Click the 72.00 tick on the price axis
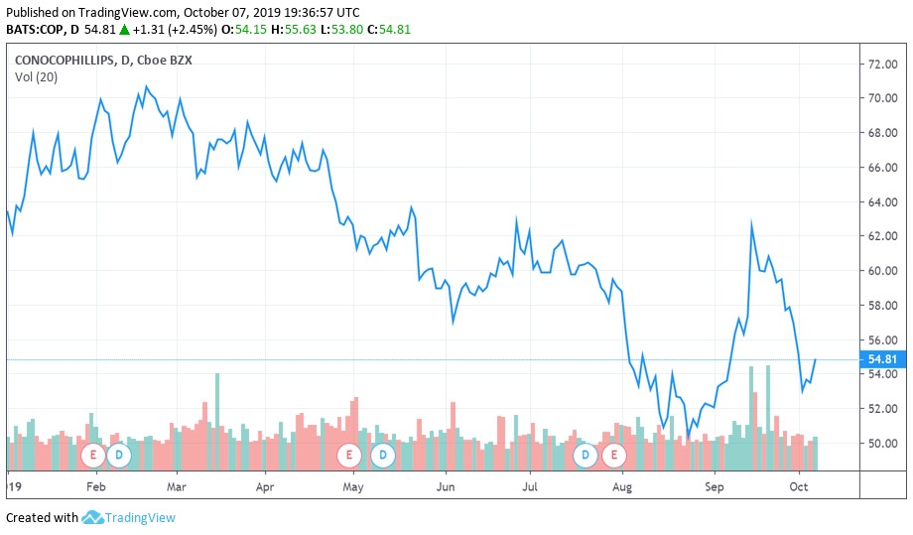[882, 64]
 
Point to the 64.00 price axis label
[882, 201]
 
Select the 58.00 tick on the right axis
[882, 305]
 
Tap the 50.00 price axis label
[882, 443]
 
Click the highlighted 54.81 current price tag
[882, 359]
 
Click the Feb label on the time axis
[95, 487]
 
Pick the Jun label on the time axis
[446, 487]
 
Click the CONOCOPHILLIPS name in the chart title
[63, 60]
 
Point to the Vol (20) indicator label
[36, 77]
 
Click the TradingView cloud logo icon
[93, 517]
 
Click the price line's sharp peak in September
[751, 223]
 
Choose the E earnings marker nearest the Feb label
[94, 455]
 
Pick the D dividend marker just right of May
[383, 455]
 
